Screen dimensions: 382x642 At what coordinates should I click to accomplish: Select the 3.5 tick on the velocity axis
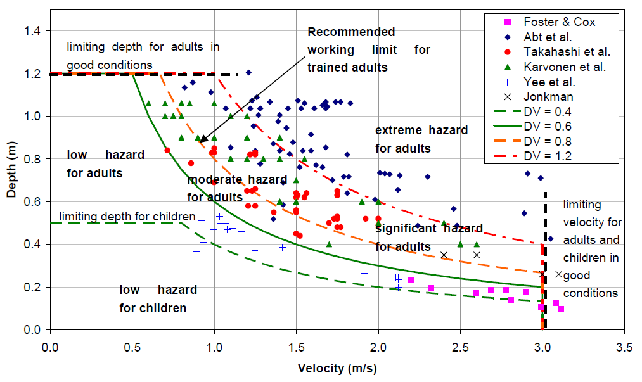624,347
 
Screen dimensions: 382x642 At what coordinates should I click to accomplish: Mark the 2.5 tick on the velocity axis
460,347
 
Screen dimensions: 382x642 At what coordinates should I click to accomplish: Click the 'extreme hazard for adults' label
421,139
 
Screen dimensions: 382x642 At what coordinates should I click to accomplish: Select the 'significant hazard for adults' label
428,237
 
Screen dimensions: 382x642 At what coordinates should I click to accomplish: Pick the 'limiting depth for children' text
118,217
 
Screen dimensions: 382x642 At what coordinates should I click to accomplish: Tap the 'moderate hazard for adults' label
236,188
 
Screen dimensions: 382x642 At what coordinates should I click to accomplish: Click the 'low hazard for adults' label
105,163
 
